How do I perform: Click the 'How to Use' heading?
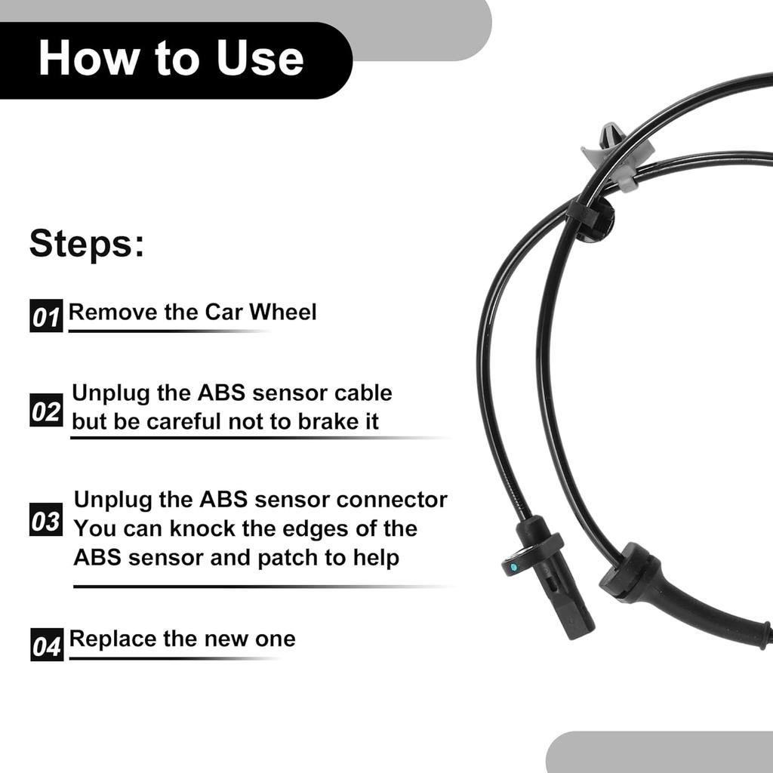coord(171,59)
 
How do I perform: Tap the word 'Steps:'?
coord(87,245)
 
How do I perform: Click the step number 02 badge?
coord(46,411)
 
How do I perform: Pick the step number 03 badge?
coord(46,520)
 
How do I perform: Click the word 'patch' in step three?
coord(288,558)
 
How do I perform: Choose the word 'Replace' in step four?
coord(110,639)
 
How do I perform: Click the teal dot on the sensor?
coord(513,565)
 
